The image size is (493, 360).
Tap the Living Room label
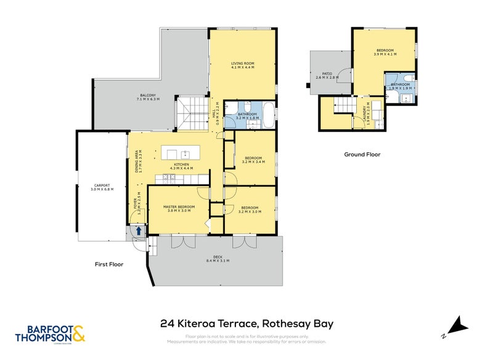(x=243, y=63)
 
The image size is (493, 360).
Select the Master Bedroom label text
(x=179, y=207)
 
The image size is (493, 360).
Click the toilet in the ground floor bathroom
(x=410, y=78)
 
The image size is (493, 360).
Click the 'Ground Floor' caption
(x=362, y=155)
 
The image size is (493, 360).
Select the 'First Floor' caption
(x=108, y=264)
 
